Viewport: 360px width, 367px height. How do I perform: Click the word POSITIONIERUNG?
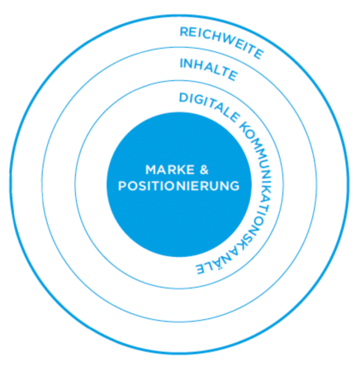pos(179,186)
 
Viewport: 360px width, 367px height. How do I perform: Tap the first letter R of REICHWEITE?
pos(184,32)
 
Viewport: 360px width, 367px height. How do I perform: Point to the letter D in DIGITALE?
pos(183,98)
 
